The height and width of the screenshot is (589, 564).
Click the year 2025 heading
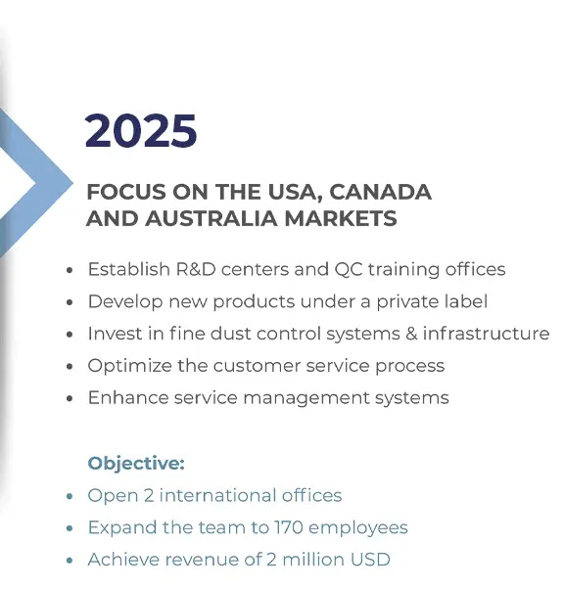click(x=141, y=131)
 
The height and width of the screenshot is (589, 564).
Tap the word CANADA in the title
click(x=381, y=192)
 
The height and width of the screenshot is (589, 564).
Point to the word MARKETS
click(x=341, y=218)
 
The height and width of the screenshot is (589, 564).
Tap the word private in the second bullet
click(x=407, y=302)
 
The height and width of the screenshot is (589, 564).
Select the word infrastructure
click(x=487, y=334)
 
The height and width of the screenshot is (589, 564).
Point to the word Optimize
click(x=129, y=366)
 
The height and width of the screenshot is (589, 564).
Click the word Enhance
click(x=128, y=398)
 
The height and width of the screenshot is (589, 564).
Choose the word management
click(x=306, y=398)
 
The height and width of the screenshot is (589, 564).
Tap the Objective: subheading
click(x=136, y=464)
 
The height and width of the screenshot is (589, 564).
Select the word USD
click(x=370, y=560)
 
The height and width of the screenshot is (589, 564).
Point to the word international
click(x=217, y=495)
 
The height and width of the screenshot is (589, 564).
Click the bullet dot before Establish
click(x=70, y=270)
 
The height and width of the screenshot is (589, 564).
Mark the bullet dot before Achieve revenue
click(x=70, y=561)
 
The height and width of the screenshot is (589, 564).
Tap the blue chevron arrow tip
click(x=71, y=183)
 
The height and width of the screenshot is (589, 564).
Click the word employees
click(x=358, y=528)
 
